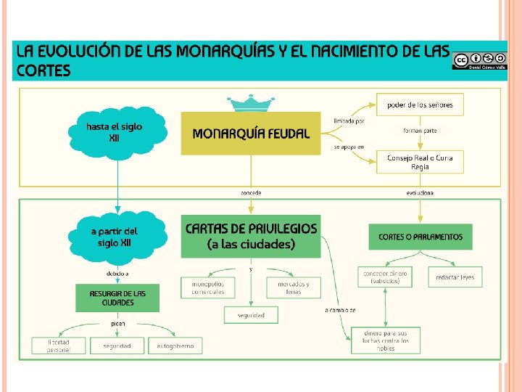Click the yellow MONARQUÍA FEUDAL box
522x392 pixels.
tap(250, 134)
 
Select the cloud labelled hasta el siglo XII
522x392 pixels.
tap(117, 132)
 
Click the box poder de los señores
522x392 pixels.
tap(420, 105)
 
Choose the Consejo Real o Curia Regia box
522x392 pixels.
tap(420, 161)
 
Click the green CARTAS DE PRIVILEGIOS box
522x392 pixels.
tap(250, 236)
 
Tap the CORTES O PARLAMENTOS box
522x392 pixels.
tap(420, 237)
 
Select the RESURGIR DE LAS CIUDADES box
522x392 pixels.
tap(117, 298)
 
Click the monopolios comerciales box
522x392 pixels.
tap(208, 287)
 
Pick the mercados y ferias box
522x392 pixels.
tap(294, 287)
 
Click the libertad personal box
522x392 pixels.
tap(59, 346)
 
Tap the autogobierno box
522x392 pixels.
tap(175, 346)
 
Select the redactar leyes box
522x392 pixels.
tap(455, 277)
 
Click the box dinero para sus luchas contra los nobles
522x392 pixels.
tap(386, 340)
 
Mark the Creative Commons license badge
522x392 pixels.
tap(478, 60)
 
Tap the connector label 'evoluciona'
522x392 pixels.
tap(420, 193)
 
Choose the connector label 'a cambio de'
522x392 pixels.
tap(340, 310)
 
